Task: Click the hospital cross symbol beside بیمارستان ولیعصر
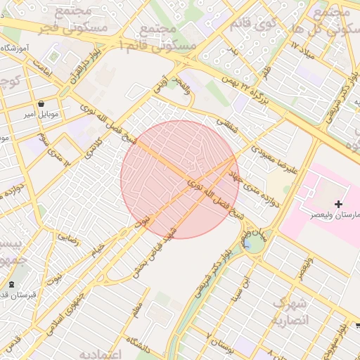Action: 339,204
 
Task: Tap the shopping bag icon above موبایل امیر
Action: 42,103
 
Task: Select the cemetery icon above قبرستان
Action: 11,284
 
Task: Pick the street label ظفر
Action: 266,71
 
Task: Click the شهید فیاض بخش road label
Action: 164,247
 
